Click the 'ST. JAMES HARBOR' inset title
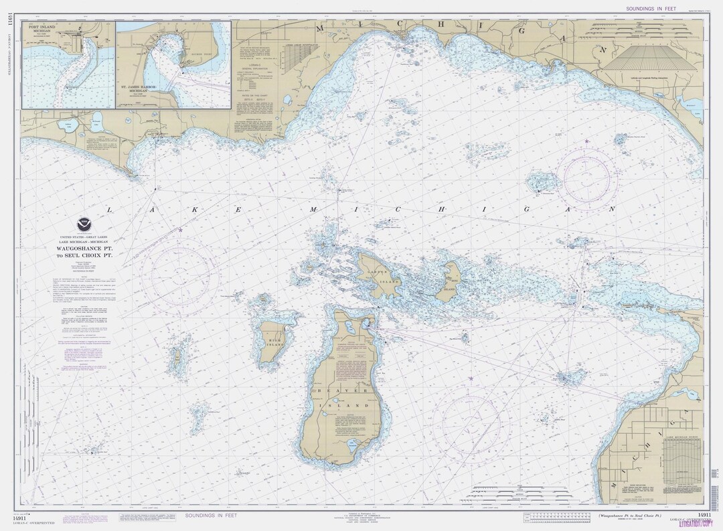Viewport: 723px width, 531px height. (141, 87)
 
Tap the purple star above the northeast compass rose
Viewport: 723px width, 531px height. (587, 141)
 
